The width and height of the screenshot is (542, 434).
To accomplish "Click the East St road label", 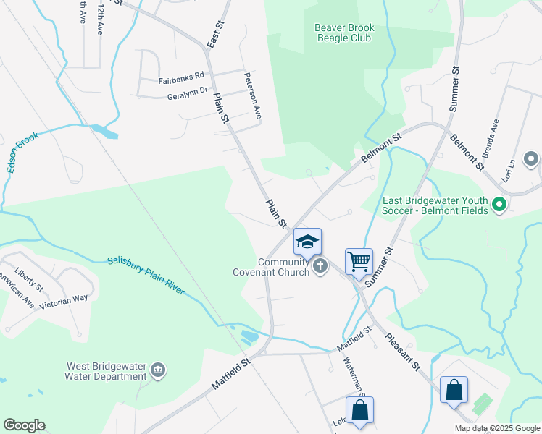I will (212, 34).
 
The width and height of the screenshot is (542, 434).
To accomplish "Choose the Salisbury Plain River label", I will (146, 276).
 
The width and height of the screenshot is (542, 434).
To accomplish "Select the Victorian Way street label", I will (64, 297).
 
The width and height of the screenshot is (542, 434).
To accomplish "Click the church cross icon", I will (320, 268).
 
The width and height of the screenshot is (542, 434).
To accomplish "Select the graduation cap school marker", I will (307, 242).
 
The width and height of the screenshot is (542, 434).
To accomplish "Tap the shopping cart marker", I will (359, 260).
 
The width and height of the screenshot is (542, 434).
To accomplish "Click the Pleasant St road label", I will (404, 352).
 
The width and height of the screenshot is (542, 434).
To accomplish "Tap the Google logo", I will (24, 425).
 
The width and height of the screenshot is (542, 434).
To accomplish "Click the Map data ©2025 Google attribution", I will (497, 428).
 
